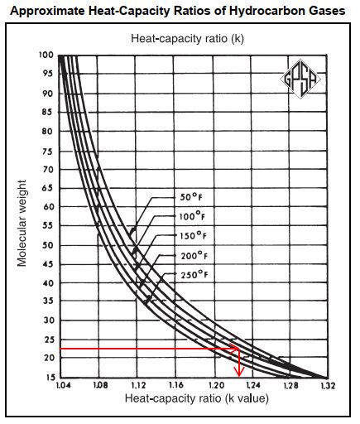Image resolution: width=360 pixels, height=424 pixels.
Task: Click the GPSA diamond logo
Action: click(300, 79)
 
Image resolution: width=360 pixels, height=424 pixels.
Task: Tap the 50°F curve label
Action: click(191, 197)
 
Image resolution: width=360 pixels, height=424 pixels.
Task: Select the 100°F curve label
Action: click(192, 216)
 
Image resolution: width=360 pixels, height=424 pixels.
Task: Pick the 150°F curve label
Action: click(193, 236)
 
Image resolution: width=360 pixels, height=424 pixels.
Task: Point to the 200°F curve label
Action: click(194, 256)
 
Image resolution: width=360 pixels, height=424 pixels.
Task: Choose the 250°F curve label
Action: click(194, 275)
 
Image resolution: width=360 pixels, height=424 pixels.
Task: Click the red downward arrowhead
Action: click(239, 372)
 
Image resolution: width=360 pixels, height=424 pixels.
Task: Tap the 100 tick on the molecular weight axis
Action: click(46, 55)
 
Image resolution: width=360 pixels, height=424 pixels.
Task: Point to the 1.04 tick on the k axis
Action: click(64, 385)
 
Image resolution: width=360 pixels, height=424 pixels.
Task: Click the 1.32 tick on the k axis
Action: click(328, 385)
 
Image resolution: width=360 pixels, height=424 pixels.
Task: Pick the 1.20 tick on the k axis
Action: click(216, 385)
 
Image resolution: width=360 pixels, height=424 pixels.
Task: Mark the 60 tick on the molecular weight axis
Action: click(49, 206)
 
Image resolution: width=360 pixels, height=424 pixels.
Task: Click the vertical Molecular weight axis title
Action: click(22, 224)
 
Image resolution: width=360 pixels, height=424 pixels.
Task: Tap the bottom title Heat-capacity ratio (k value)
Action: click(197, 398)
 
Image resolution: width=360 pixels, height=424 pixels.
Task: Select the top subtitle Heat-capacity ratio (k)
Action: click(187, 38)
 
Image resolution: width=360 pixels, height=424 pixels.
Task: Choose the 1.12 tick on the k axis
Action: click(137, 385)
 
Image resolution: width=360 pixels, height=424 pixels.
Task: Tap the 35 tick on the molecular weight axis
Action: click(49, 301)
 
